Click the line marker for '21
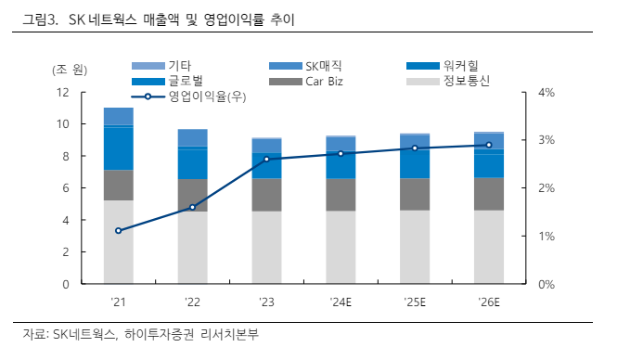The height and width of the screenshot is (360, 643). tap(118, 230)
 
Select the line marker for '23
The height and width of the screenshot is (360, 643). tap(266, 159)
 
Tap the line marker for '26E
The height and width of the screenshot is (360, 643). tap(489, 145)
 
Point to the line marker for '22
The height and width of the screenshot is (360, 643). tap(192, 207)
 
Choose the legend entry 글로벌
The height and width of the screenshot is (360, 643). tap(186, 81)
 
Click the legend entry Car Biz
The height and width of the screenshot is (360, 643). tap(325, 81)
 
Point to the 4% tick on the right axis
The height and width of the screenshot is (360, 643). tap(547, 92)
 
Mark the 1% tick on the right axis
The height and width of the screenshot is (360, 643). tap(547, 237)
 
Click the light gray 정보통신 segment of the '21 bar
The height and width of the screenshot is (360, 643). tap(118, 241)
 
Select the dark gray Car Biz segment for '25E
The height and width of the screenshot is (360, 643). tap(415, 194)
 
